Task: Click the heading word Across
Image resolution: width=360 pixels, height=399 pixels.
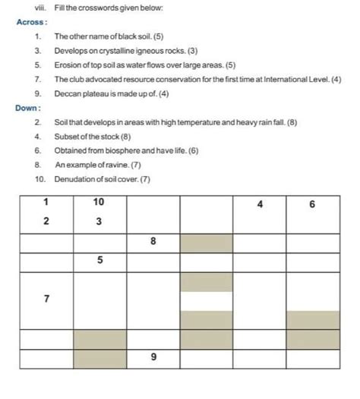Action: pos(31,22)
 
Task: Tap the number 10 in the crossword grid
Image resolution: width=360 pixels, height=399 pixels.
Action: pos(99,203)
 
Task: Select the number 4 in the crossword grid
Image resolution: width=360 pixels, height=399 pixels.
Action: pos(259,204)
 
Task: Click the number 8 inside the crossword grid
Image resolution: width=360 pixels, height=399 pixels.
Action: pos(153,241)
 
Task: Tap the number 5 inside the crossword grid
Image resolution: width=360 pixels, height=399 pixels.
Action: pos(99,260)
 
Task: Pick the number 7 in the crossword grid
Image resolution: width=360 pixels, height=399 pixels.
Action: pos(46,299)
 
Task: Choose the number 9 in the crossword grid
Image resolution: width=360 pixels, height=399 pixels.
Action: pos(153,357)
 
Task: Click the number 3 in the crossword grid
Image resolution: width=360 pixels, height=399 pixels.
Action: pos(99,221)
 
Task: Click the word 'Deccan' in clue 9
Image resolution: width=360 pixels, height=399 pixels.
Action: pos(68,93)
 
